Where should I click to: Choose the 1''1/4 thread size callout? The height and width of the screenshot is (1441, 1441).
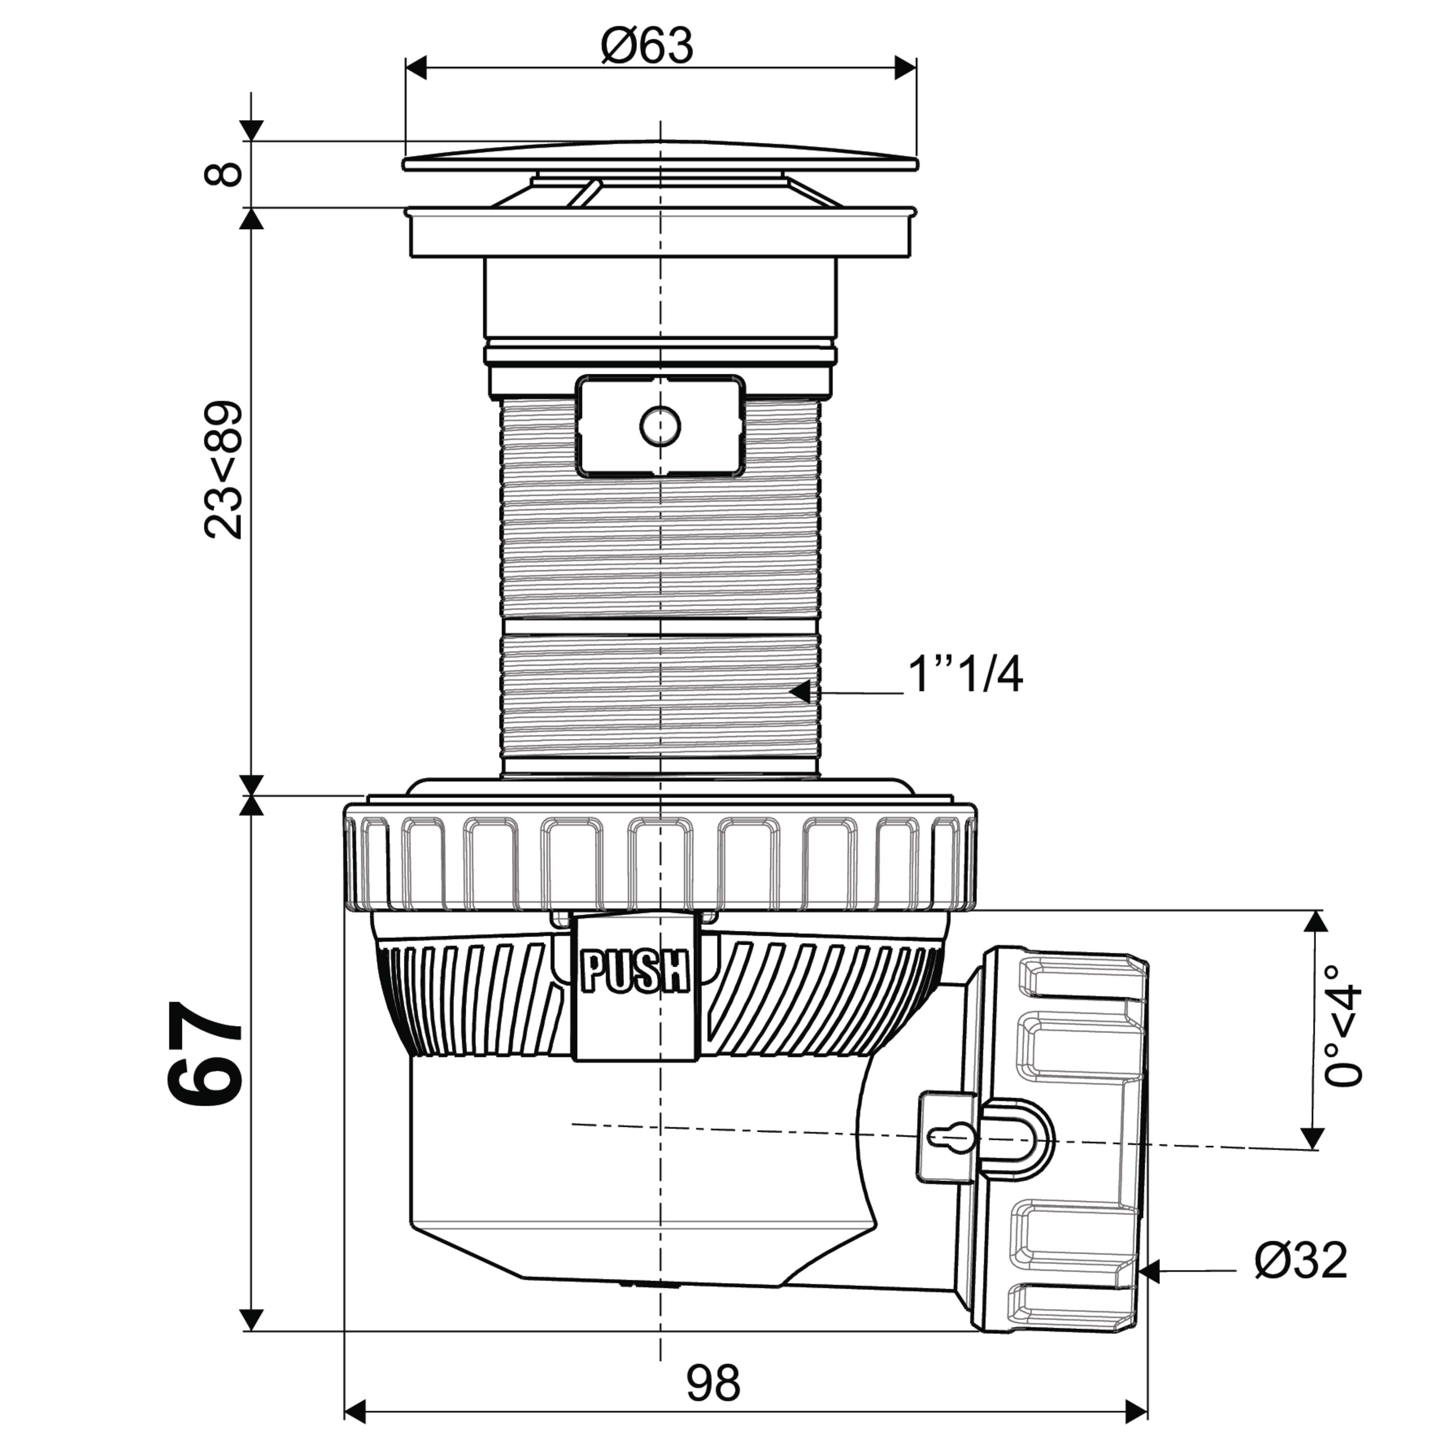coord(965,675)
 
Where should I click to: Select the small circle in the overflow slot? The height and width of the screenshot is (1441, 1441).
coord(660,426)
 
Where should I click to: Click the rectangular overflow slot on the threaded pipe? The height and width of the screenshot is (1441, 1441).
coord(661,426)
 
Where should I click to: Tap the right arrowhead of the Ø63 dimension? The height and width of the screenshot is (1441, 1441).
coord(905,68)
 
